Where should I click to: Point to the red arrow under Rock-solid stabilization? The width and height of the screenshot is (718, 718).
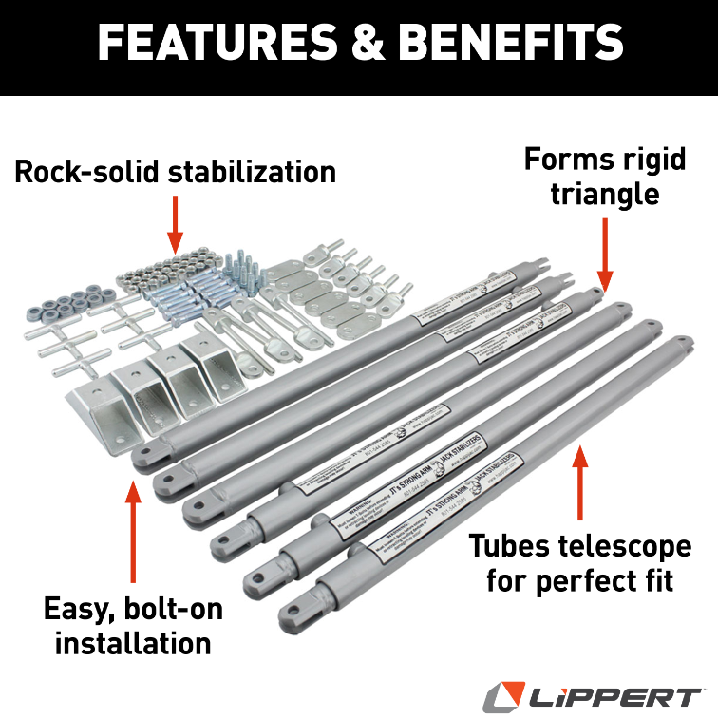tap(175, 222)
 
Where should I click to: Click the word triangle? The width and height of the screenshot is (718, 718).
tap(605, 194)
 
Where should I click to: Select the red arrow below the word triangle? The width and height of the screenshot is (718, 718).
tap(605, 251)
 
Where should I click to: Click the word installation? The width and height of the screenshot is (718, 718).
tap(132, 643)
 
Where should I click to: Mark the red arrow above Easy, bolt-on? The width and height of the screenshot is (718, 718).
tap(132, 532)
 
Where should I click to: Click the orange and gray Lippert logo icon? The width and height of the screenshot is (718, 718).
tap(505, 696)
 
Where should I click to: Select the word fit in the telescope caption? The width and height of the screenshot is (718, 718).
tap(655, 581)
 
